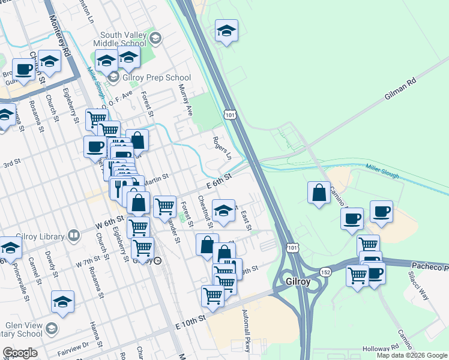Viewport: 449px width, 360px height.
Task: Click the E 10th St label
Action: (191, 325)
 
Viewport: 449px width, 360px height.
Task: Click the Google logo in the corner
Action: (20, 353)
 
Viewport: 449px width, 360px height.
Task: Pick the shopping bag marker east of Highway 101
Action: (319, 193)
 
